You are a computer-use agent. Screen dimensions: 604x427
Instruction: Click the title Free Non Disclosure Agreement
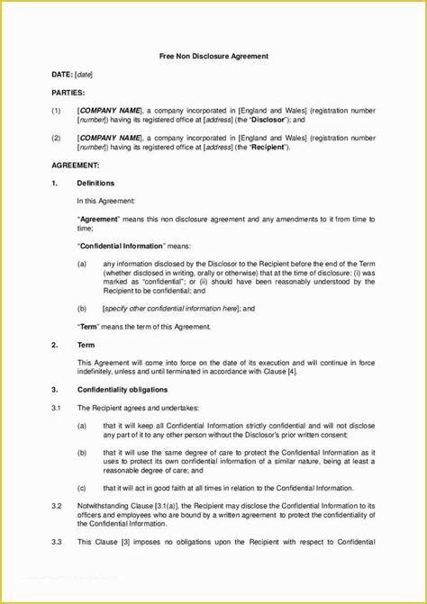(x=213, y=56)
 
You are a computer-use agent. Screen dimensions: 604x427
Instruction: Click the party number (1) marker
(x=56, y=111)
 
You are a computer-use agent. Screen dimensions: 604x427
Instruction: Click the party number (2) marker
(x=56, y=139)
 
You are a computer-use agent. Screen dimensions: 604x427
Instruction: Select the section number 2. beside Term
(x=55, y=345)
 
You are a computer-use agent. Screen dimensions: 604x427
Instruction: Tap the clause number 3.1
(x=56, y=408)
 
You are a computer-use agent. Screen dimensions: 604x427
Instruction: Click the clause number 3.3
(x=56, y=543)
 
